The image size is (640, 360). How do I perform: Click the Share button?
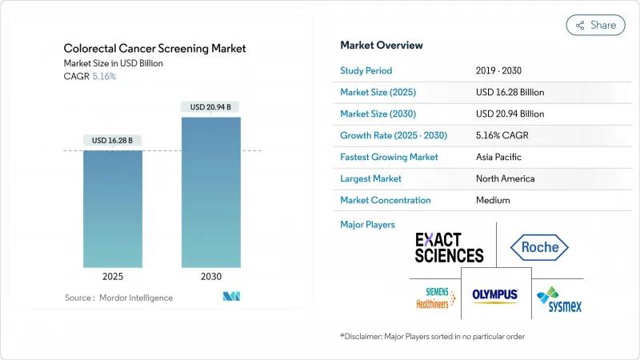pos(596,25)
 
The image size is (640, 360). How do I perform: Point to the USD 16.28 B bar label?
pos(113,141)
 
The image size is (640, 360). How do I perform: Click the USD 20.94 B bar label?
pos(210,107)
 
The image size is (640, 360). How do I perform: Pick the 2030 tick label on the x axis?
pos(210,277)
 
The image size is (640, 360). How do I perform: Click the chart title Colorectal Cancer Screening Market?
pos(154,48)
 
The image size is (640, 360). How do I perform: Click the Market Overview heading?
pos(382,45)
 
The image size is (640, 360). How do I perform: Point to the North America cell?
pos(505,178)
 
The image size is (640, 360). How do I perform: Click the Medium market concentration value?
pos(493,200)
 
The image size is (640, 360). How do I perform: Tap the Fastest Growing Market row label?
pos(389,157)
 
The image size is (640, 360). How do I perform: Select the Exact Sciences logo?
pos(449,247)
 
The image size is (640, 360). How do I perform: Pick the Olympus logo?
pos(495,294)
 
